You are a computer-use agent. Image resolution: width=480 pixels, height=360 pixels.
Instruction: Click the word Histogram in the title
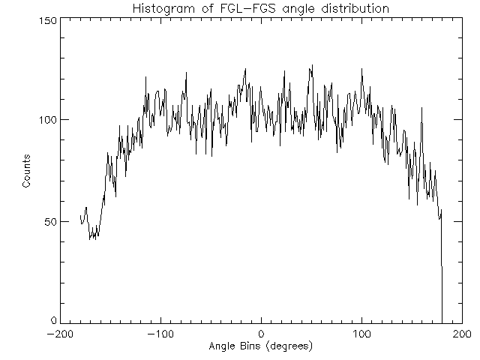[x=163, y=9]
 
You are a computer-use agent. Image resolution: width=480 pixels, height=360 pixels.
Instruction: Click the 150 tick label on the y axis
[x=48, y=20]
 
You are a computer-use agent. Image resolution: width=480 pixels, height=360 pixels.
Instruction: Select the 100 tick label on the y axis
[x=48, y=120]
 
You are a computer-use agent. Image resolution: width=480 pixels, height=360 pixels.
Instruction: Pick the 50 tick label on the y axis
[x=51, y=221]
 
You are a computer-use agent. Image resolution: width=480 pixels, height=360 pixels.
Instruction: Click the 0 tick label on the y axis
[x=54, y=321]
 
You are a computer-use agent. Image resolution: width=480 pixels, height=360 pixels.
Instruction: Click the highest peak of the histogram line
[x=311, y=65]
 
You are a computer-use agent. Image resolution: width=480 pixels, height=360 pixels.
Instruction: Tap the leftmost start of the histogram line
[x=80, y=215]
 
